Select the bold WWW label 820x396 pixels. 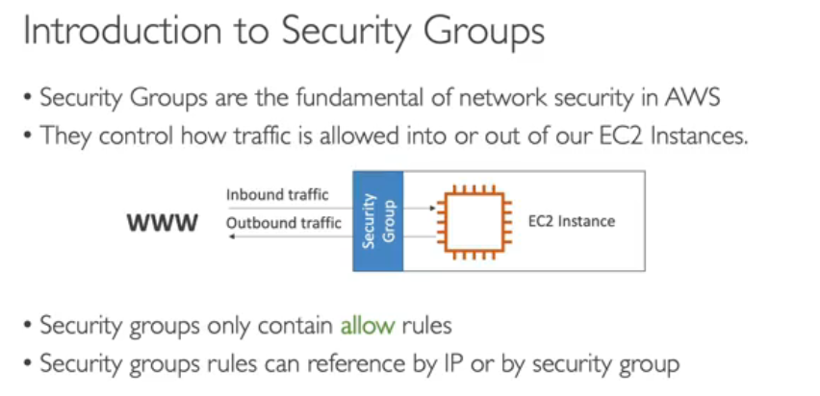click(163, 223)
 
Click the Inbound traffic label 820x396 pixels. click(277, 194)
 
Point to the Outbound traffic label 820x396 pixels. click(283, 223)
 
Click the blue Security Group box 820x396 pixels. click(376, 221)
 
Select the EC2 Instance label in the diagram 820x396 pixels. click(571, 222)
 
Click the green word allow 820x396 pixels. click(368, 325)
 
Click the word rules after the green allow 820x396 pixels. click(426, 325)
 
